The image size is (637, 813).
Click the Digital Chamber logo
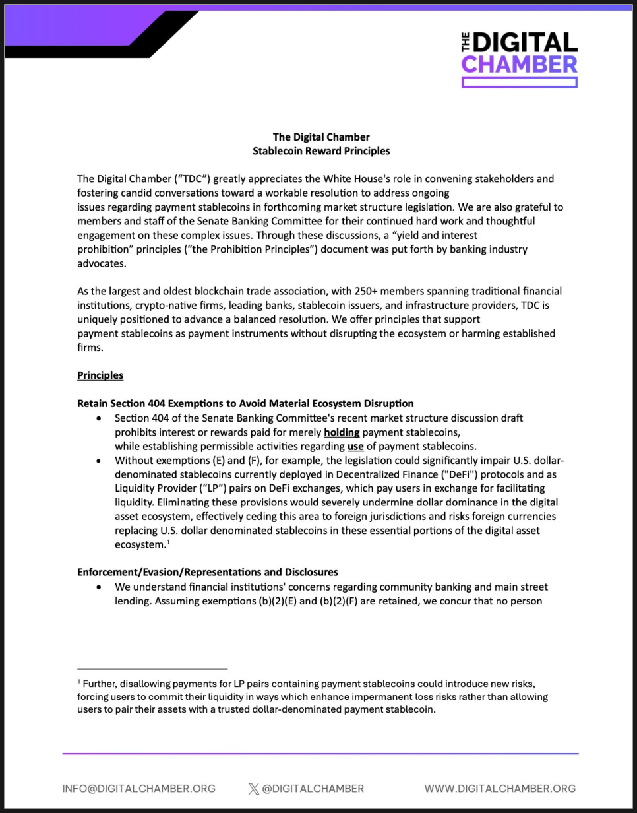pos(520,57)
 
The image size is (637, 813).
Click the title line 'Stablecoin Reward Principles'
pos(321,151)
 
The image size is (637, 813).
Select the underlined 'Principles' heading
pos(100,375)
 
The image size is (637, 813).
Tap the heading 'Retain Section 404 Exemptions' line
pos(245,403)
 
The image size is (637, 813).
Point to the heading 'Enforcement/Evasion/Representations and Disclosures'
pos(208,571)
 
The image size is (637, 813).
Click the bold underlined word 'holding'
pos(342,432)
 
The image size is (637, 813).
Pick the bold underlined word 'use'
pos(355,446)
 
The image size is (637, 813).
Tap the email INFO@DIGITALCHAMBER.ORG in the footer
pos(139,789)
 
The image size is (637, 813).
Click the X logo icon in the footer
pos(254,789)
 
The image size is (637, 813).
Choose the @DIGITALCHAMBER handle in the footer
pos(313,789)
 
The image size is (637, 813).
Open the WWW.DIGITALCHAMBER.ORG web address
pos(500,789)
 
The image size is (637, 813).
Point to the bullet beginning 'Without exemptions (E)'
pos(99,461)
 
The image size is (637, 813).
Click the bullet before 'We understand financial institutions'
pos(99,587)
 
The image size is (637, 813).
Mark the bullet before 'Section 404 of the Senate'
pos(99,418)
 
